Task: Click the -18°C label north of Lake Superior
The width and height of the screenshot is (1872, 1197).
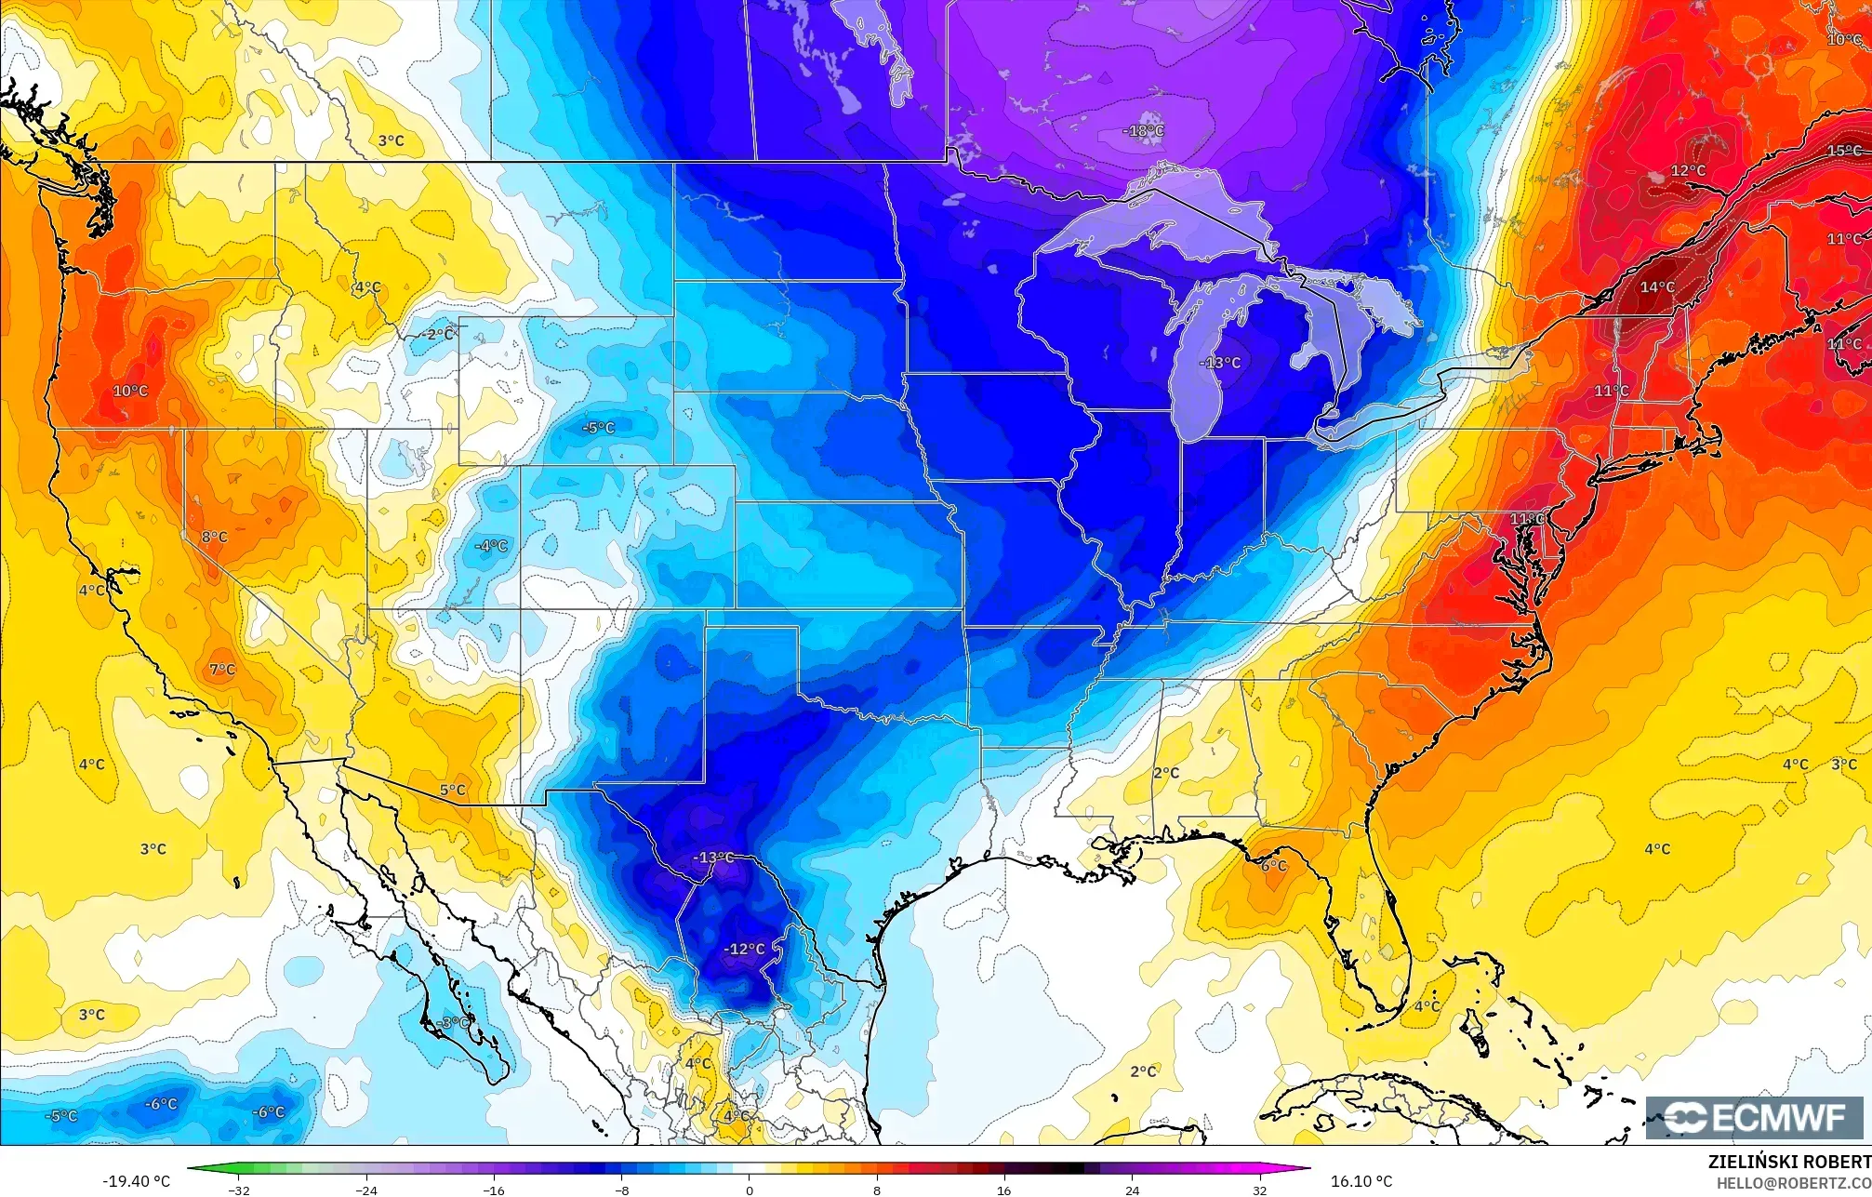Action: click(1143, 131)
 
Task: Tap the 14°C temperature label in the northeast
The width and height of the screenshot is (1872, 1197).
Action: click(1656, 287)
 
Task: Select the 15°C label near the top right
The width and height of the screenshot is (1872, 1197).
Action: click(1843, 151)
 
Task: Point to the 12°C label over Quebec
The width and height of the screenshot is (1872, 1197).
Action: click(1688, 171)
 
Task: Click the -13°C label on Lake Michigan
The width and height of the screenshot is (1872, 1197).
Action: click(1220, 363)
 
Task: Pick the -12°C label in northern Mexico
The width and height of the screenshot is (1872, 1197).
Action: click(745, 949)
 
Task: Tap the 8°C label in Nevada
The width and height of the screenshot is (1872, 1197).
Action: click(214, 537)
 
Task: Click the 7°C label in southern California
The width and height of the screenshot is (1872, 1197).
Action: click(222, 669)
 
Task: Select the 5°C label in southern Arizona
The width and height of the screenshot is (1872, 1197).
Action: click(453, 790)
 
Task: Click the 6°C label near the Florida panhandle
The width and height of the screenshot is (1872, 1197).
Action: click(1273, 865)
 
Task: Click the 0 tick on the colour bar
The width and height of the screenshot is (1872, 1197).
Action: click(750, 1190)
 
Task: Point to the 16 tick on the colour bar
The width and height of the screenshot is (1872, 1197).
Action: click(1003, 1190)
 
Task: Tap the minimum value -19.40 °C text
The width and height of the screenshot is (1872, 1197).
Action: click(136, 1181)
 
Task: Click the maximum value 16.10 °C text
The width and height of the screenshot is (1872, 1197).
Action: click(1361, 1181)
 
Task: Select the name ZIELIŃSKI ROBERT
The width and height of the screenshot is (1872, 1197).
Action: click(1788, 1162)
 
